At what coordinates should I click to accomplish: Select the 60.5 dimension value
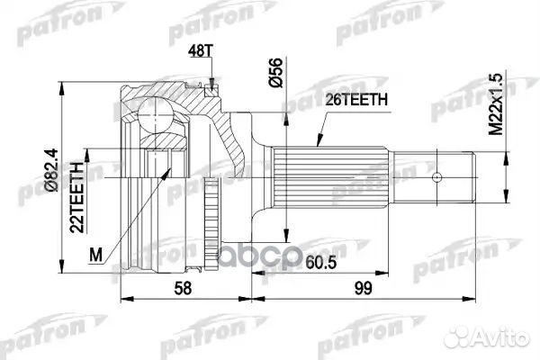[x=313, y=263]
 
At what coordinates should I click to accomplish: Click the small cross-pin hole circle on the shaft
[x=439, y=177]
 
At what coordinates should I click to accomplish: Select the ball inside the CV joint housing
[x=155, y=114]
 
